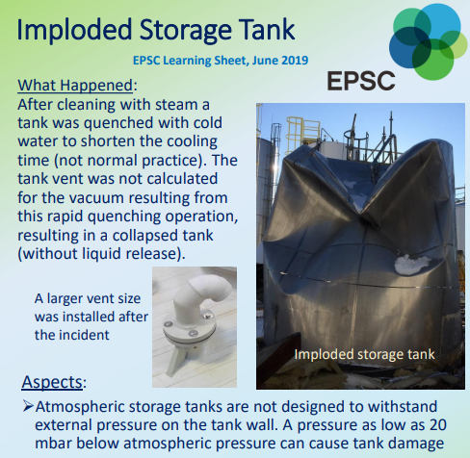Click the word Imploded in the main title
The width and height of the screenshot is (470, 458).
74,31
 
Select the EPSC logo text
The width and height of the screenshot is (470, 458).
361,81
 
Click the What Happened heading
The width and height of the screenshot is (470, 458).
75,86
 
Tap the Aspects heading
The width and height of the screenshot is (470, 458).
52,382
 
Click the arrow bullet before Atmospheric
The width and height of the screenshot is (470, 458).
28,406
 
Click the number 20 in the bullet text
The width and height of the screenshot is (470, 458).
437,425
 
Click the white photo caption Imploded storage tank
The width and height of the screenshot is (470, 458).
364,355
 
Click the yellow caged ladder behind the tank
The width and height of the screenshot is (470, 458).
301,132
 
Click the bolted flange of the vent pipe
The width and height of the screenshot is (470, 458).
189,329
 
